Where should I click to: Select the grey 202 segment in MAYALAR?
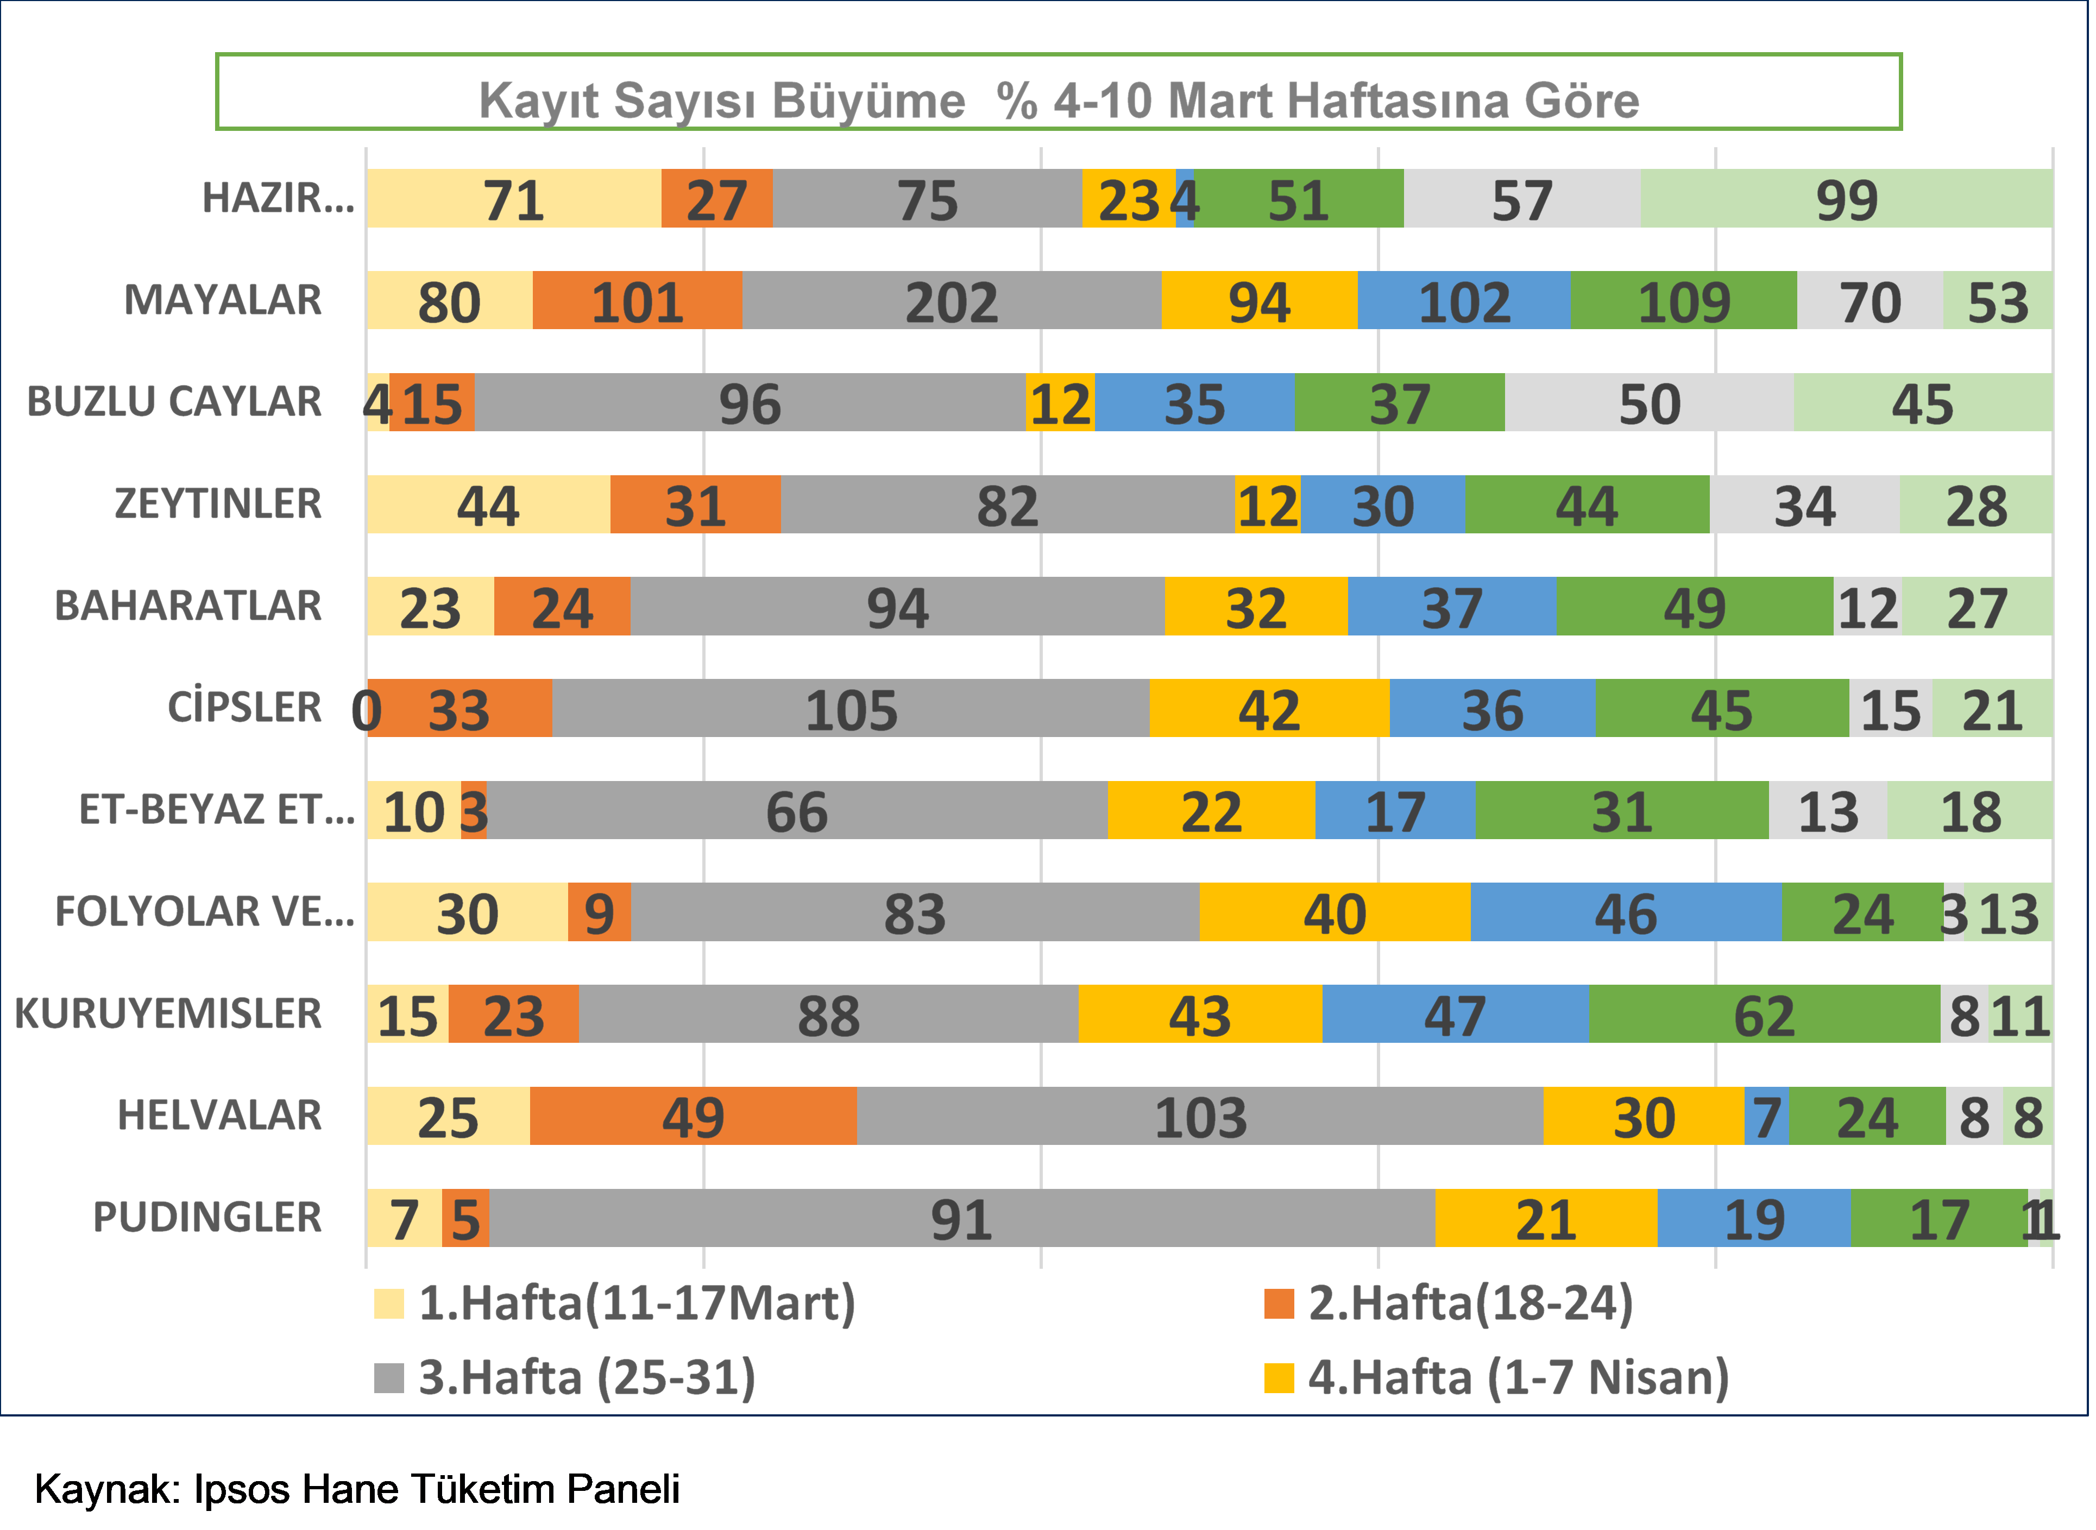pyautogui.click(x=951, y=301)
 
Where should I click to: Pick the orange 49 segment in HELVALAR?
pyautogui.click(x=693, y=1116)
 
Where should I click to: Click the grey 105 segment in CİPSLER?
pyautogui.click(x=850, y=708)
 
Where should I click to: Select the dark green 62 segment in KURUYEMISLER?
pyautogui.click(x=1764, y=1014)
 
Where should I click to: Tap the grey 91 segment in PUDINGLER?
pyautogui.click(x=961, y=1218)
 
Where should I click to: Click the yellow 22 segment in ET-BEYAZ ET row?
pyautogui.click(x=1211, y=810)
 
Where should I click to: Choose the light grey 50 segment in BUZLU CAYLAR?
pyautogui.click(x=1648, y=403)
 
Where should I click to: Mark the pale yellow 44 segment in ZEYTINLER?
pyautogui.click(x=488, y=505)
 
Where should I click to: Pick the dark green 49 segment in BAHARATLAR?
pyautogui.click(x=1694, y=607)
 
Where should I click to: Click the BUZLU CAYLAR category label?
pyautogui.click(x=174, y=402)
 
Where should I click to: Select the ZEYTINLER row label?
pyautogui.click(x=218, y=504)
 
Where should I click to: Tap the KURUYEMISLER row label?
pyautogui.click(x=168, y=1013)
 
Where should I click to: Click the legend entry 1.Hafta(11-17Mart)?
pyautogui.click(x=637, y=1303)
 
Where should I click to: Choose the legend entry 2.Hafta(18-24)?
pyautogui.click(x=1470, y=1303)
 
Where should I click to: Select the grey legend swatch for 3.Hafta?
pyautogui.click(x=389, y=1377)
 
